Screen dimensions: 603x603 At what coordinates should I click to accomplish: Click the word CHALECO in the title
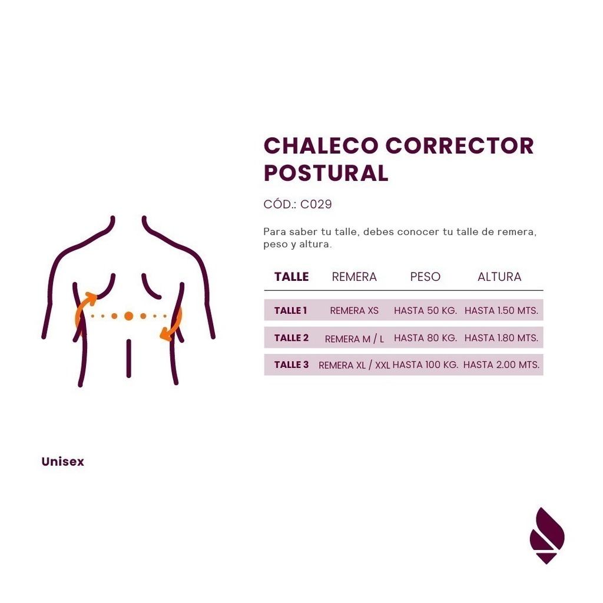[321, 146]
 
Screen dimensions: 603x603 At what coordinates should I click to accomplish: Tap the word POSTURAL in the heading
[326, 173]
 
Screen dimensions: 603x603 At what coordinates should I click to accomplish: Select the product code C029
[316, 204]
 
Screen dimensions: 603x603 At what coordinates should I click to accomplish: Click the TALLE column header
[291, 277]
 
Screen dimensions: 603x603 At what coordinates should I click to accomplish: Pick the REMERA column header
[354, 277]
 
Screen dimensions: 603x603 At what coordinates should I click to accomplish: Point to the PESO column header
[425, 277]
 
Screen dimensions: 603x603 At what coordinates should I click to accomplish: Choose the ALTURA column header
[499, 277]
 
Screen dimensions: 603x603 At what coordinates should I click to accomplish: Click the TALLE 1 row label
[291, 310]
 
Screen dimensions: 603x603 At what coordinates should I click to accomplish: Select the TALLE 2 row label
[291, 337]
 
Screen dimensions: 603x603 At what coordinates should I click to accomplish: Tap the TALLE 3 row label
[291, 365]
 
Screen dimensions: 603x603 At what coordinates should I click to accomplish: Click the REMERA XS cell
[354, 310]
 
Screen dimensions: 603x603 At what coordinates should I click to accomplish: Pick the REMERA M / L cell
[354, 339]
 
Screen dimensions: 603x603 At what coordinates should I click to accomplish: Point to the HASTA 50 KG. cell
[425, 310]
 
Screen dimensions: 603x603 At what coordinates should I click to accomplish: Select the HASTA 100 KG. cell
[425, 365]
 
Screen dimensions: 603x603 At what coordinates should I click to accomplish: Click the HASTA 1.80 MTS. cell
[502, 337]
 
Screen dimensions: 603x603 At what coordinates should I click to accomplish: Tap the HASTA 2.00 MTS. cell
[502, 365]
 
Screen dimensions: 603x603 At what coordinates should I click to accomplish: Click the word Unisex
[62, 462]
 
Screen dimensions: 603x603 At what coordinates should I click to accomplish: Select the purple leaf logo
[547, 536]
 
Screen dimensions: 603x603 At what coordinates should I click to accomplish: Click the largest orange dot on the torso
[129, 316]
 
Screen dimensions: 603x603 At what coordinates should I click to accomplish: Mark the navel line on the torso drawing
[129, 359]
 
